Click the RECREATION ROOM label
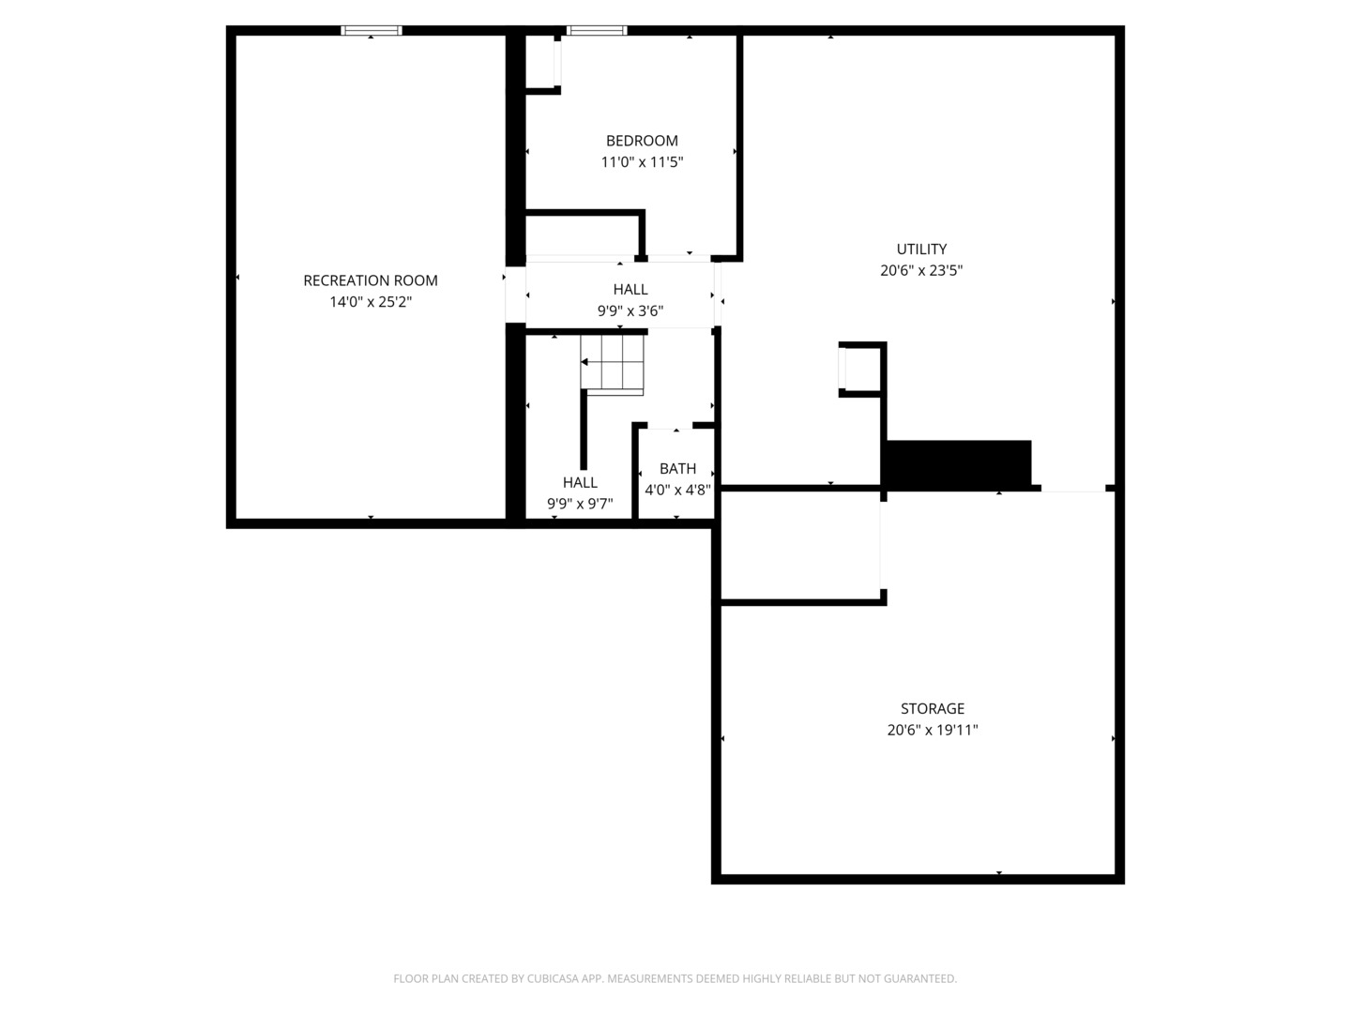tap(371, 280)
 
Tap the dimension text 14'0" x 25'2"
tap(371, 302)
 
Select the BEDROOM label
tap(642, 141)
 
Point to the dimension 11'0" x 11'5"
tap(642, 162)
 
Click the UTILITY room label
tap(921, 249)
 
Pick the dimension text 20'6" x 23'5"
tap(921, 271)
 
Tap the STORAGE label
tap(933, 708)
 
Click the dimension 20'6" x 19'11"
tap(933, 730)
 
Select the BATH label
tap(677, 468)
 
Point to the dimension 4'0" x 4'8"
tap(677, 490)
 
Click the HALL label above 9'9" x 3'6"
tap(630, 290)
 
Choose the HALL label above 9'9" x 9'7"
tap(580, 482)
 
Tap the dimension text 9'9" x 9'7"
tap(580, 505)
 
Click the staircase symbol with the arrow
tap(612, 362)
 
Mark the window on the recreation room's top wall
tap(372, 31)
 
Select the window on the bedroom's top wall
tap(597, 31)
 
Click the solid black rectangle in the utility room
tap(957, 463)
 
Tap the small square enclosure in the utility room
tap(861, 369)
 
